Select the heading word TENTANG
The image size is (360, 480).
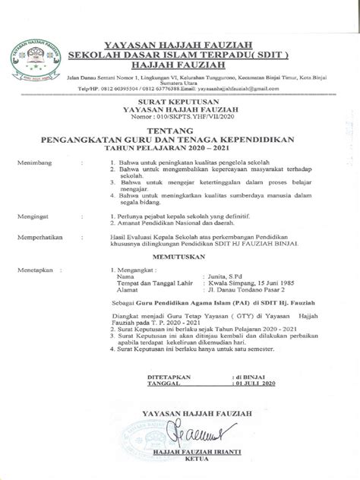tap(180, 131)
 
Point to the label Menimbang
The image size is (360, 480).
tap(36, 162)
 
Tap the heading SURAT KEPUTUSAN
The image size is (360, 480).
tap(180, 99)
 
